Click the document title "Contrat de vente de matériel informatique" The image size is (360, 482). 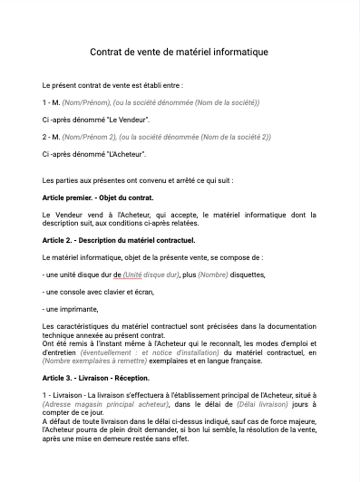coord(180,53)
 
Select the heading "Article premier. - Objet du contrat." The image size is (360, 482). coord(98,197)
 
